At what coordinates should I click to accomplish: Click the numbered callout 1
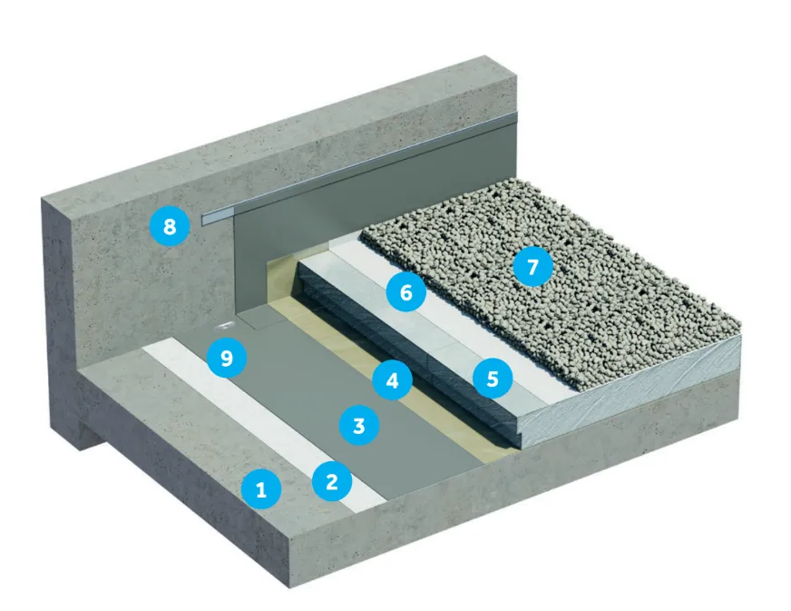point(261,490)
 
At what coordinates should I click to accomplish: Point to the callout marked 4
point(392,380)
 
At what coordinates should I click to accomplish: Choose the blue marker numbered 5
point(493,378)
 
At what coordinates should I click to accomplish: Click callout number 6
point(405,292)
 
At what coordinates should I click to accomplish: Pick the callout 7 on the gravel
point(532,267)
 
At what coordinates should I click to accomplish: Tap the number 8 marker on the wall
point(170,226)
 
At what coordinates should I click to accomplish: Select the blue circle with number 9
point(227,358)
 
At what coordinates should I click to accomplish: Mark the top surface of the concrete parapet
point(272,136)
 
